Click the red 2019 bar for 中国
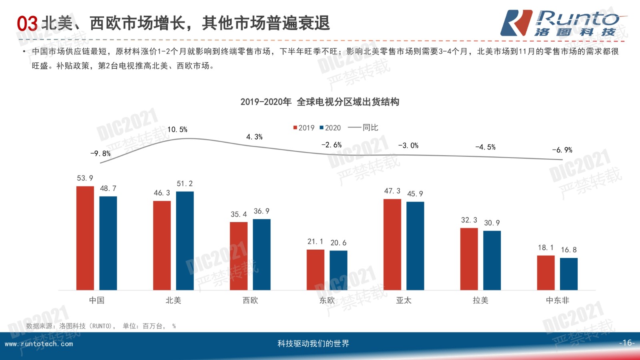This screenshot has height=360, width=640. tap(85, 238)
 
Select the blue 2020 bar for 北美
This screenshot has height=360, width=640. tap(185, 240)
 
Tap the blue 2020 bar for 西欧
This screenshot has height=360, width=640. tap(262, 254)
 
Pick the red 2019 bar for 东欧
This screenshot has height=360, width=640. tap(316, 270)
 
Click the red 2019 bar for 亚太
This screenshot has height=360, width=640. tap(392, 244)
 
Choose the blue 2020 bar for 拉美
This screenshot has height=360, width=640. tap(492, 260)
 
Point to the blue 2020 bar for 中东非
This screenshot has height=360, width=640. tap(569, 274)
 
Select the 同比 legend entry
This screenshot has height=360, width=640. tap(363, 128)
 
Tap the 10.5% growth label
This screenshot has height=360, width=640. tap(177, 130)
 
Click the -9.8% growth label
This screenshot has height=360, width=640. tap(100, 154)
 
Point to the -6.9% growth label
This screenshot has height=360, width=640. tap(562, 150)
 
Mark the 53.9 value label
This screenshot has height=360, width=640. tap(85, 178)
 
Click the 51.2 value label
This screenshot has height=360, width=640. tap(185, 184)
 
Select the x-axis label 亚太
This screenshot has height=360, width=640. tap(404, 300)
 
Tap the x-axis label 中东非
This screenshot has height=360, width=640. tap(557, 300)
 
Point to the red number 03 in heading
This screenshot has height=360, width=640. tap(27, 24)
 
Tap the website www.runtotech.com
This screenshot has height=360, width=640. tap(39, 344)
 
